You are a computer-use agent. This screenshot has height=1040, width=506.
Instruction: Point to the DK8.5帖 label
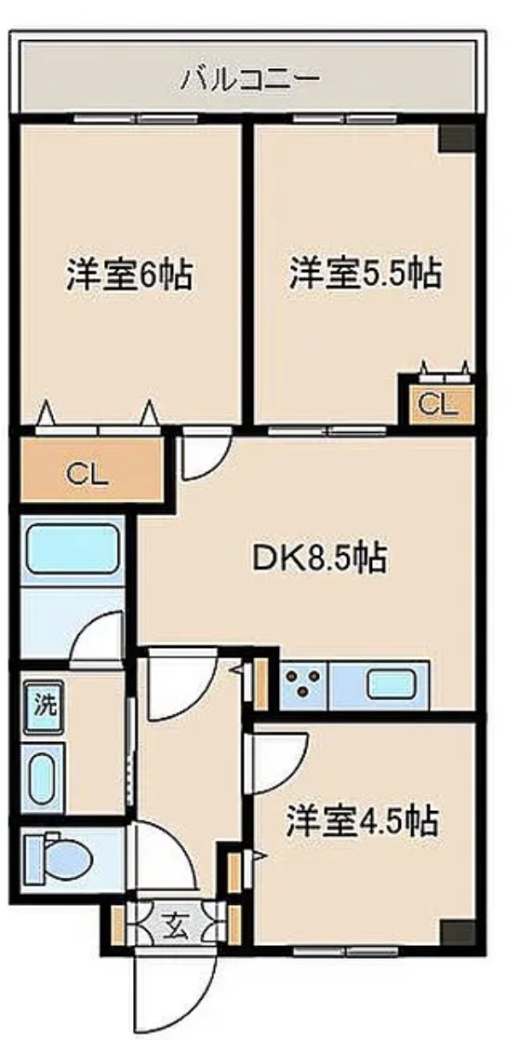tap(319, 559)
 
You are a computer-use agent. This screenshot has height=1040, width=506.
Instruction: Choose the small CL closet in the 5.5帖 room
tap(436, 404)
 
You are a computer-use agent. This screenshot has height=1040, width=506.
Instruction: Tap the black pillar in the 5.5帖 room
tap(457, 137)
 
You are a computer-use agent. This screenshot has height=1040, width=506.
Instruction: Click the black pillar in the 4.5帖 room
tap(457, 932)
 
